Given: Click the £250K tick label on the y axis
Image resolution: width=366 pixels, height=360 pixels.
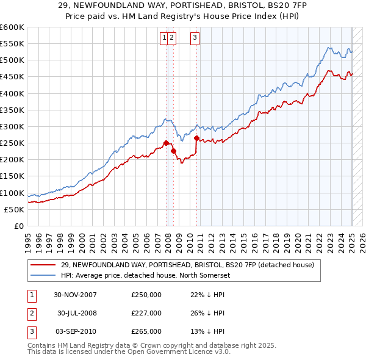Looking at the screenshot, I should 12,143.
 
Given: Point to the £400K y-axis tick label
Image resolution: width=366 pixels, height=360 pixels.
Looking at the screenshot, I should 12,93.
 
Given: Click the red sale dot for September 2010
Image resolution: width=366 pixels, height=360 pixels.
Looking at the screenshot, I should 196,139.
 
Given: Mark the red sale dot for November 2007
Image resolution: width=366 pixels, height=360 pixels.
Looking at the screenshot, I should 166,143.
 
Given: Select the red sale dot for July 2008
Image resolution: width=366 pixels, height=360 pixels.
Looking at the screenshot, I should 173,151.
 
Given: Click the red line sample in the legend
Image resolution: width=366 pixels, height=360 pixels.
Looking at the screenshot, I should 43,265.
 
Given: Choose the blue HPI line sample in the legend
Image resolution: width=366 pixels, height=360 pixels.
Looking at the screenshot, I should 43,275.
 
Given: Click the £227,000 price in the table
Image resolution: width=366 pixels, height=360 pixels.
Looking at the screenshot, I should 146,313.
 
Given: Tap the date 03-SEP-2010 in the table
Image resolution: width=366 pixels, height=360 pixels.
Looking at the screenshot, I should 76,331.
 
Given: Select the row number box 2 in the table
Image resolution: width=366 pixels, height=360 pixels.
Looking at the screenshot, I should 30,313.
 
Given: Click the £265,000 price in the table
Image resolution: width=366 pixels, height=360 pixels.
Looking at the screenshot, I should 146,331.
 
